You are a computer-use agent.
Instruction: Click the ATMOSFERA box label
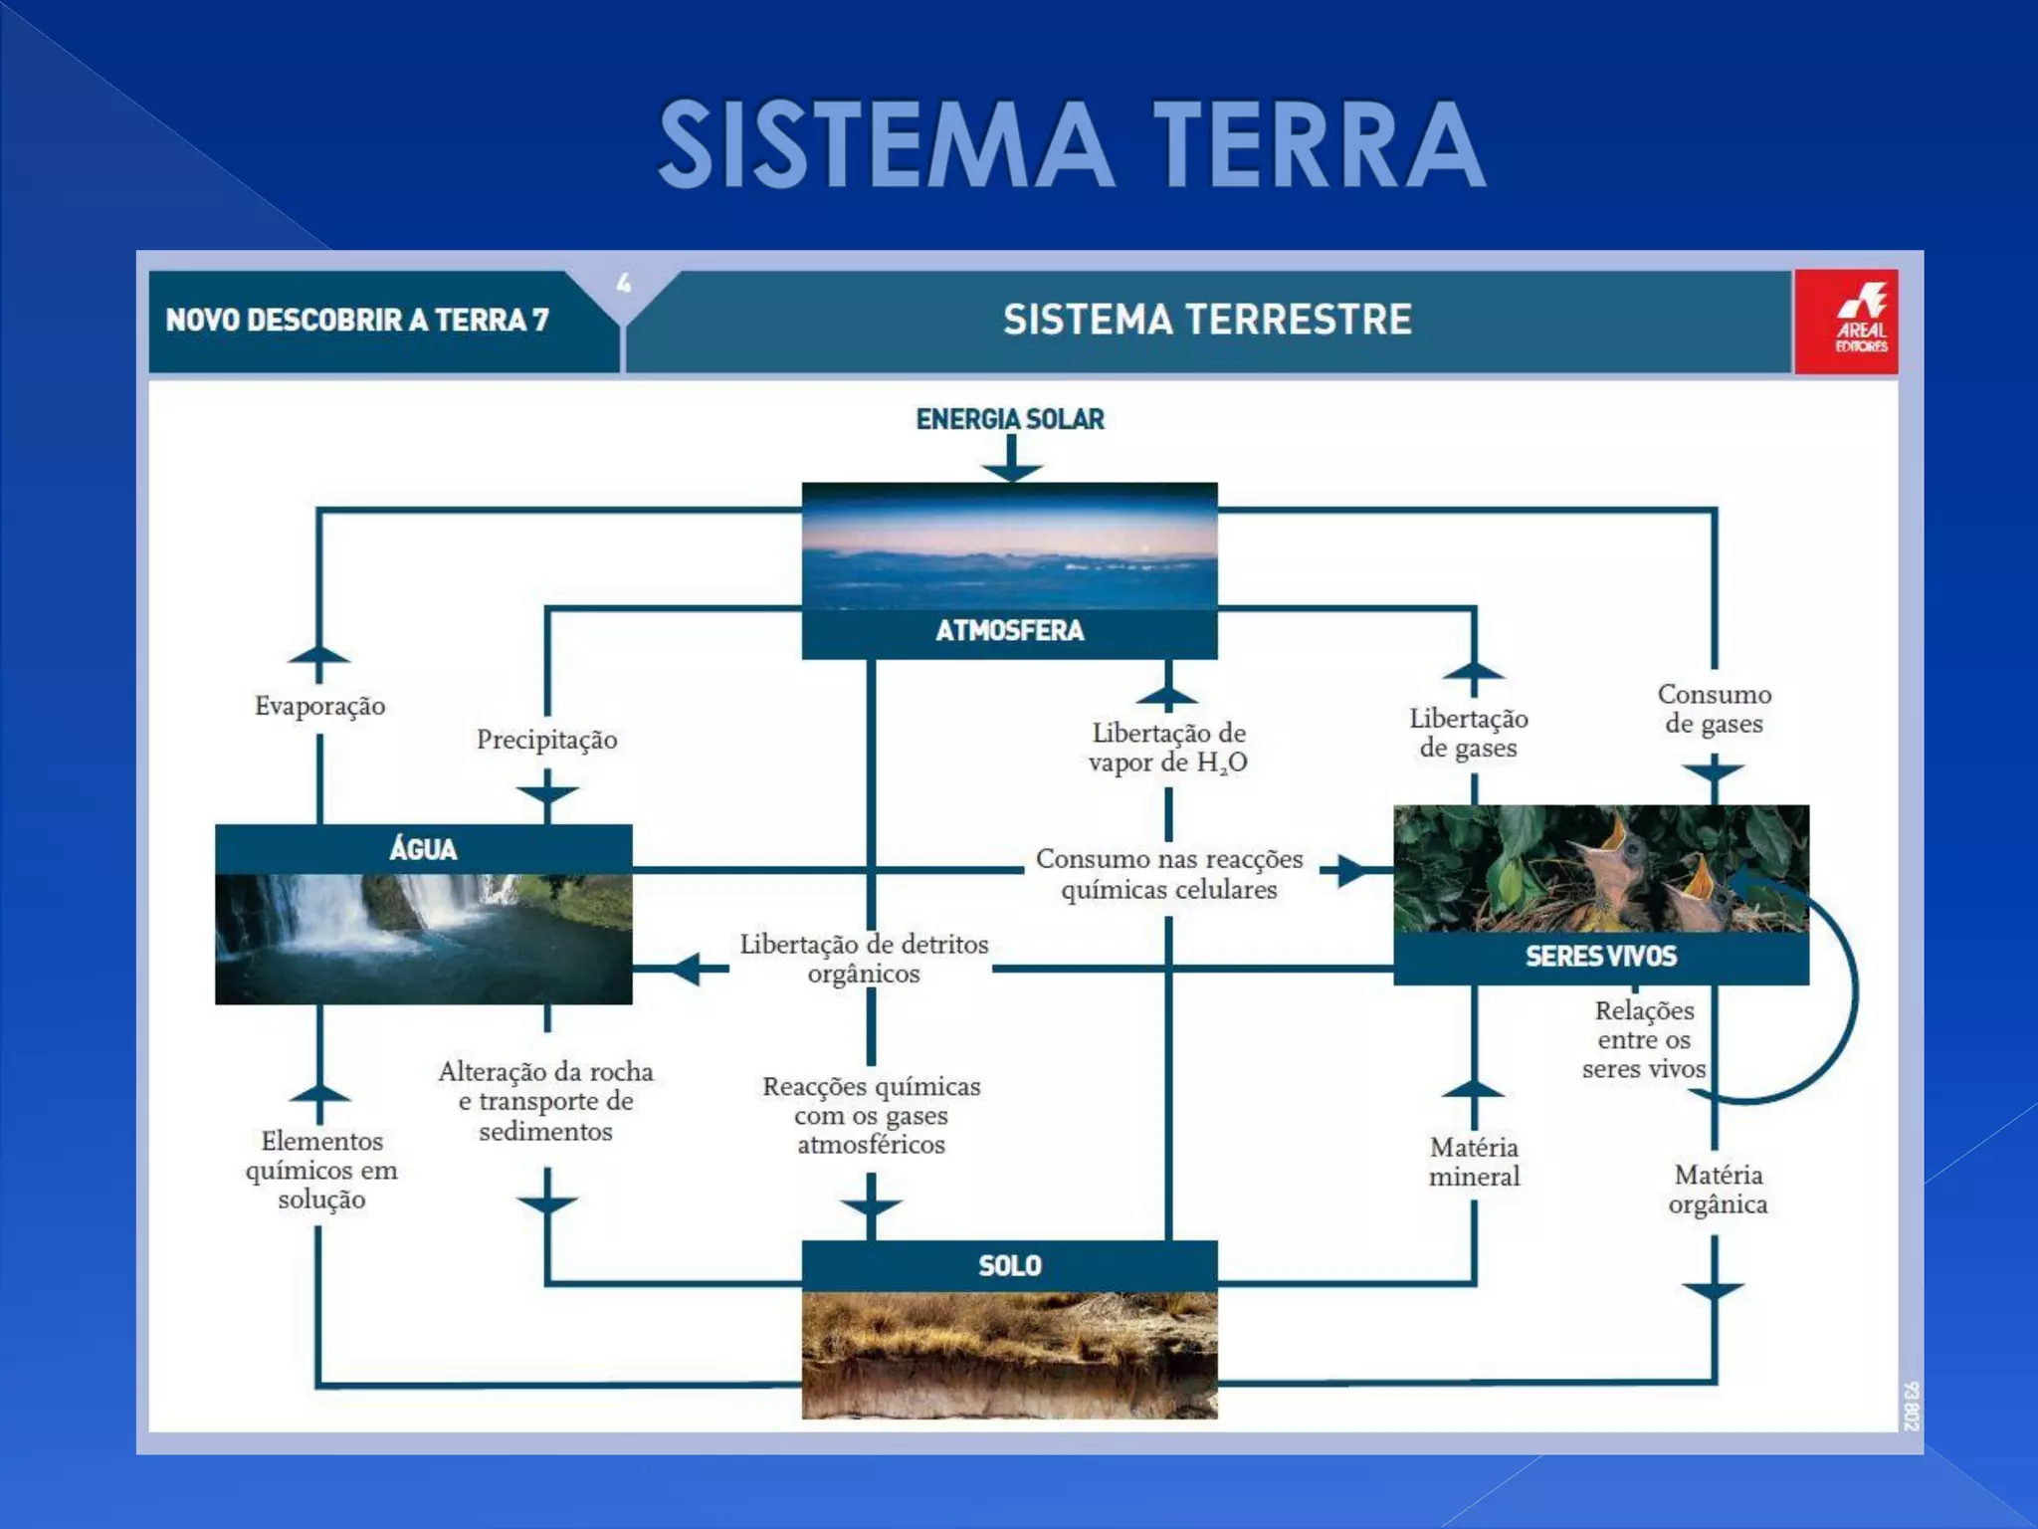click(x=1009, y=631)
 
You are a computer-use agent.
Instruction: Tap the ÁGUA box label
click(x=423, y=849)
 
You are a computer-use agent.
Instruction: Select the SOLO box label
click(x=1009, y=1265)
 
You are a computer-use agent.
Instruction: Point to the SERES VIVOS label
click(x=1600, y=957)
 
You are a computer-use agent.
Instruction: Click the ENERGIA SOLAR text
click(x=1009, y=419)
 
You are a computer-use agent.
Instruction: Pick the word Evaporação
click(x=319, y=706)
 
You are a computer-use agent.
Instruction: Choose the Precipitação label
click(x=546, y=740)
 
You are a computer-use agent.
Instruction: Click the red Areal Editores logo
click(x=1847, y=322)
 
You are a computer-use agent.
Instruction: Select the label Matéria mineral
click(x=1474, y=1162)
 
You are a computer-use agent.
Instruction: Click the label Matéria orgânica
click(x=1718, y=1190)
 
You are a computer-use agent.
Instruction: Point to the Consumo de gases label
click(x=1714, y=709)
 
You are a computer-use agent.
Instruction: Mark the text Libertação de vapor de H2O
click(x=1167, y=748)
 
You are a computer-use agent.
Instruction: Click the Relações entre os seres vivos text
click(x=1643, y=1039)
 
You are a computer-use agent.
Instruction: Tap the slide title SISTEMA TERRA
click(x=1072, y=144)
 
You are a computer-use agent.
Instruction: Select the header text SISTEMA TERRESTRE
click(x=1207, y=320)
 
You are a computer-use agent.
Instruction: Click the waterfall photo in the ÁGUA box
click(x=423, y=938)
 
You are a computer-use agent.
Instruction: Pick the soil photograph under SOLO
click(x=1009, y=1354)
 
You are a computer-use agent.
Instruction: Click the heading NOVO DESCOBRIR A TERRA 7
click(x=357, y=320)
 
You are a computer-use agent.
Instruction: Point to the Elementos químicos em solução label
click(x=321, y=1170)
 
